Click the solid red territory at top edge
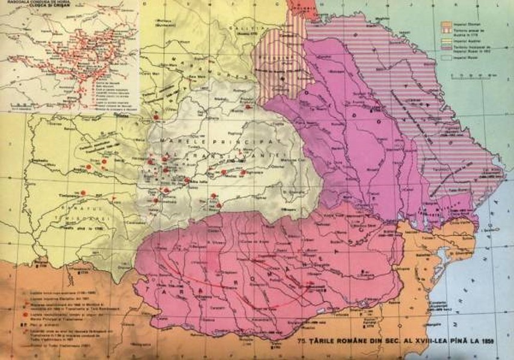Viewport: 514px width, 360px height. (295, 7)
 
